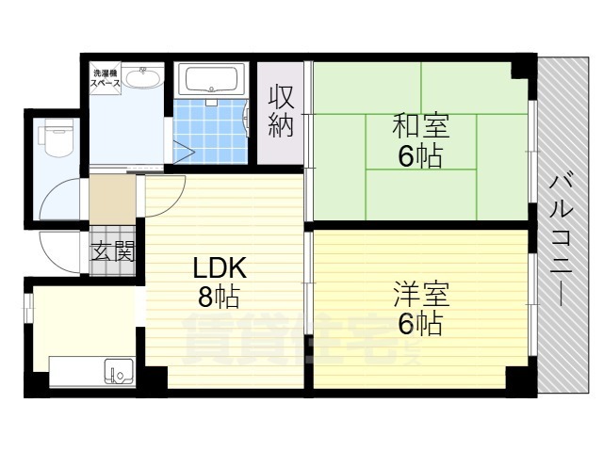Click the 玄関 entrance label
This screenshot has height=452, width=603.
click(112, 251)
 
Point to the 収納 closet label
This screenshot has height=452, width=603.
click(281, 111)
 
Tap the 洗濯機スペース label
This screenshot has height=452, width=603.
click(105, 78)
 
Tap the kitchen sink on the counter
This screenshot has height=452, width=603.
click(119, 374)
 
